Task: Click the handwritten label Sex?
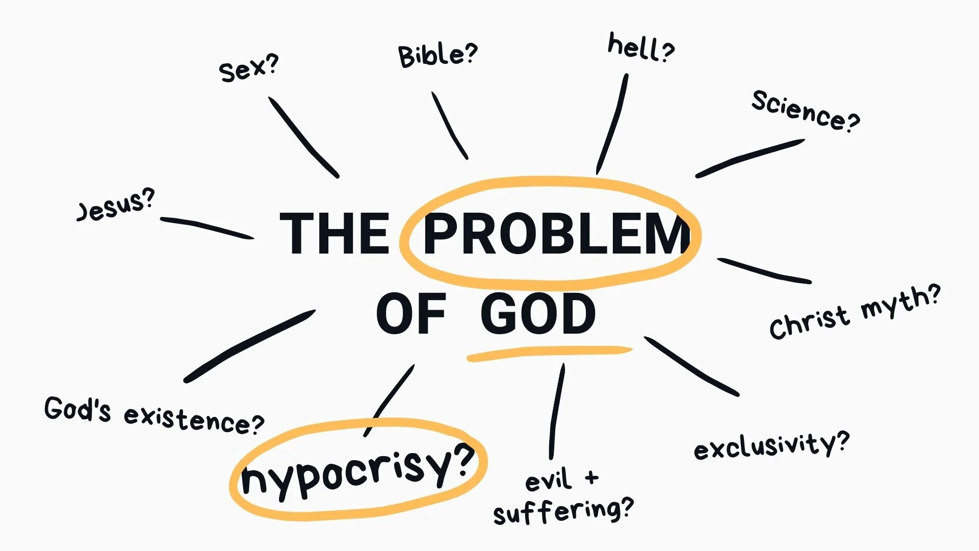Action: point(249,68)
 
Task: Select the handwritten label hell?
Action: point(641,47)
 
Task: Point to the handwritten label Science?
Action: point(806,111)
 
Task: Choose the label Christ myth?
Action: point(855,312)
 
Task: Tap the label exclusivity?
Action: point(771,445)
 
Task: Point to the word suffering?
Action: point(563,512)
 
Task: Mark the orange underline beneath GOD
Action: point(550,353)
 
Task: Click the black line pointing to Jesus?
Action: point(207,228)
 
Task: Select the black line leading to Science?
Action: point(750,158)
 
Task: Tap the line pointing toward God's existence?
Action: point(249,346)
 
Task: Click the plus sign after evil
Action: point(591,478)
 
